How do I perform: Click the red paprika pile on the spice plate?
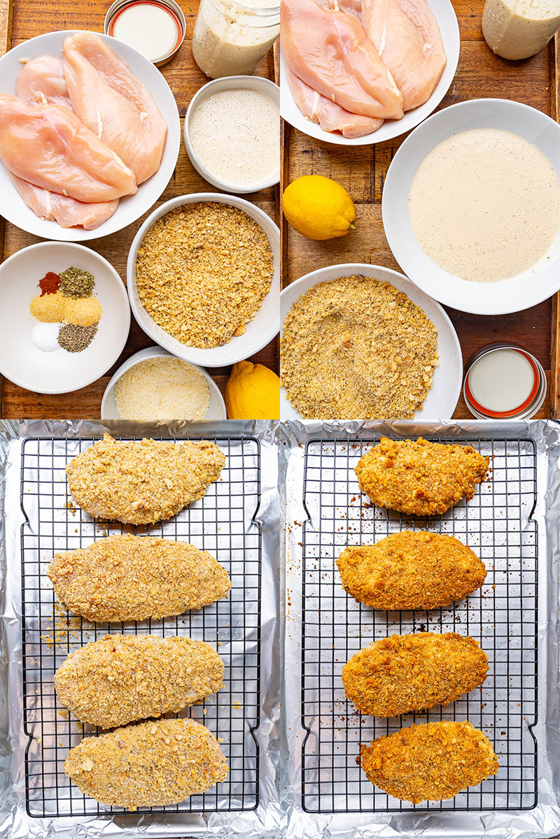tap(49, 283)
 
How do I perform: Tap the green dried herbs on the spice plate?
tap(76, 282)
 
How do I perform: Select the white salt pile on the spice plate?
tap(46, 336)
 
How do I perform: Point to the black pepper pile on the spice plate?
tap(77, 338)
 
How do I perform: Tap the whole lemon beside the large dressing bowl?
tap(318, 207)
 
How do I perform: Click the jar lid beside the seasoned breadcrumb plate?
tap(503, 381)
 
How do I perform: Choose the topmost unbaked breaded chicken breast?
tap(146, 478)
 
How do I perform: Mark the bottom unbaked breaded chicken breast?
tap(146, 763)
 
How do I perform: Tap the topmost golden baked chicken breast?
tap(421, 475)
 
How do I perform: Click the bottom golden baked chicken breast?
tap(428, 761)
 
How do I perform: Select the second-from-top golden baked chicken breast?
tap(412, 569)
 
